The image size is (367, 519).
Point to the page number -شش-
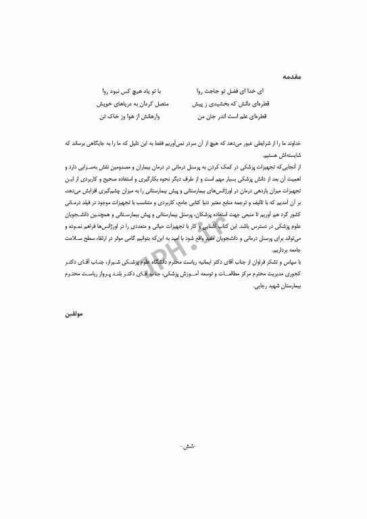coord(184,447)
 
